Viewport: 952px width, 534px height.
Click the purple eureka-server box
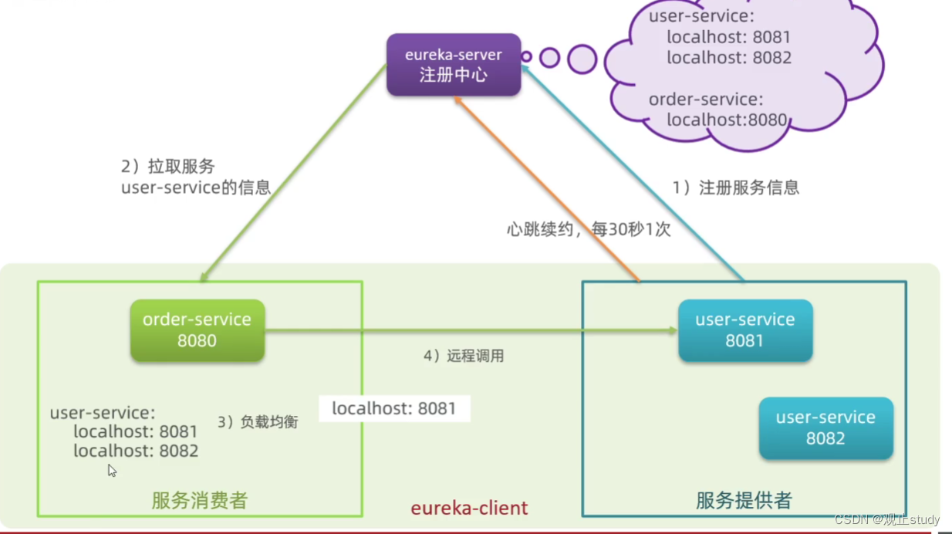pos(454,65)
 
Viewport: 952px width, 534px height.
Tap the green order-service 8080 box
pos(197,330)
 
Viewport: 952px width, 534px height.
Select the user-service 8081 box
pos(744,330)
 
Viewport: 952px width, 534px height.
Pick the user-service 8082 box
pos(825,428)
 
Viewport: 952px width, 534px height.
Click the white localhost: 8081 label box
pos(394,408)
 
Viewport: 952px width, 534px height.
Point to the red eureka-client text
pos(469,508)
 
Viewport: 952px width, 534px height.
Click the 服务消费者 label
pos(200,501)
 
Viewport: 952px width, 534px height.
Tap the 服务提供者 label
pos(744,501)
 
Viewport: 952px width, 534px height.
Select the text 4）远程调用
pos(463,356)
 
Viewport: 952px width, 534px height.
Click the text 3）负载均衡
pos(257,422)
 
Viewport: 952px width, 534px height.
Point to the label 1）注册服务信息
pos(735,188)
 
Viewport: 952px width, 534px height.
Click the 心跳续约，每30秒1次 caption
pos(589,229)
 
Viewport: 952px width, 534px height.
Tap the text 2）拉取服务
pos(167,167)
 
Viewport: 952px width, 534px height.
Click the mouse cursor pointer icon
pos(112,471)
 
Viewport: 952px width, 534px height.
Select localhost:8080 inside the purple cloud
pos(727,120)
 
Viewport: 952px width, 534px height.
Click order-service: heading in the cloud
pos(705,100)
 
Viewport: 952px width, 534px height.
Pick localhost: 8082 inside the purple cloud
pos(729,58)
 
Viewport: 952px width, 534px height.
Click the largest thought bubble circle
pos(582,59)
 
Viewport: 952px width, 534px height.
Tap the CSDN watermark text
pos(886,519)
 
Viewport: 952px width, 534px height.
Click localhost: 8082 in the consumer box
pos(136,451)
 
